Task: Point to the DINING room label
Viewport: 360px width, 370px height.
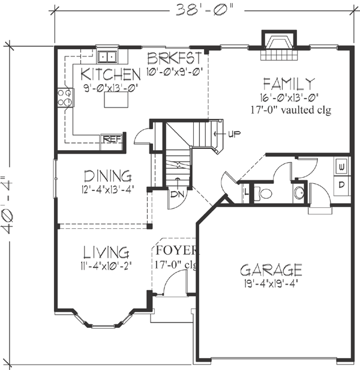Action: tap(107, 176)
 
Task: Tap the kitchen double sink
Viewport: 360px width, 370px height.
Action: tap(108, 57)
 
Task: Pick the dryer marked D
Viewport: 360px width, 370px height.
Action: tap(340, 184)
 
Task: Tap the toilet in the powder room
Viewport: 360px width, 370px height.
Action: tap(265, 193)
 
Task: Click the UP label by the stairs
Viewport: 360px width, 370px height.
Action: tap(233, 133)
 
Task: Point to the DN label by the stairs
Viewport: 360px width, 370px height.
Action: tap(176, 195)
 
